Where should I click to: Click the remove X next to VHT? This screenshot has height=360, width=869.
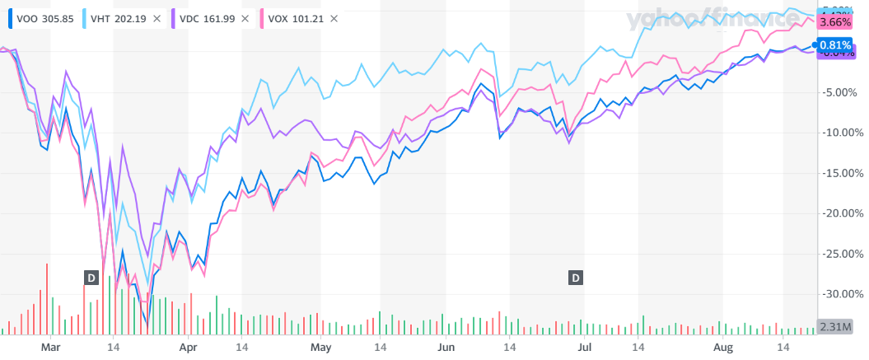tap(157, 18)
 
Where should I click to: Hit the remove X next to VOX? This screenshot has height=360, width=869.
tap(334, 18)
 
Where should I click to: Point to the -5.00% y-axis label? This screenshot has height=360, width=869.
tap(842, 91)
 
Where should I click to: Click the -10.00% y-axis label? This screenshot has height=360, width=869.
tap(842, 132)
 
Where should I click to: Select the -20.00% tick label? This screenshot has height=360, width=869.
tap(842, 213)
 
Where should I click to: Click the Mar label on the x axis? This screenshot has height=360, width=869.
tap(51, 348)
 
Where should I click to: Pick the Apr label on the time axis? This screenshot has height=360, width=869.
tap(189, 348)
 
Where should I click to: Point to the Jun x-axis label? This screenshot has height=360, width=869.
tap(446, 348)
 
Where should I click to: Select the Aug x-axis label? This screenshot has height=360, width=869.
tap(722, 348)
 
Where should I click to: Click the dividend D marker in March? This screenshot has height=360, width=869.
tap(91, 278)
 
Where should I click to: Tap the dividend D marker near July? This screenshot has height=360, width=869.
tap(575, 278)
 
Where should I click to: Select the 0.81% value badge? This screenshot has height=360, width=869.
tap(836, 45)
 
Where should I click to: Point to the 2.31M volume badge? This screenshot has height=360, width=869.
tap(835, 326)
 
